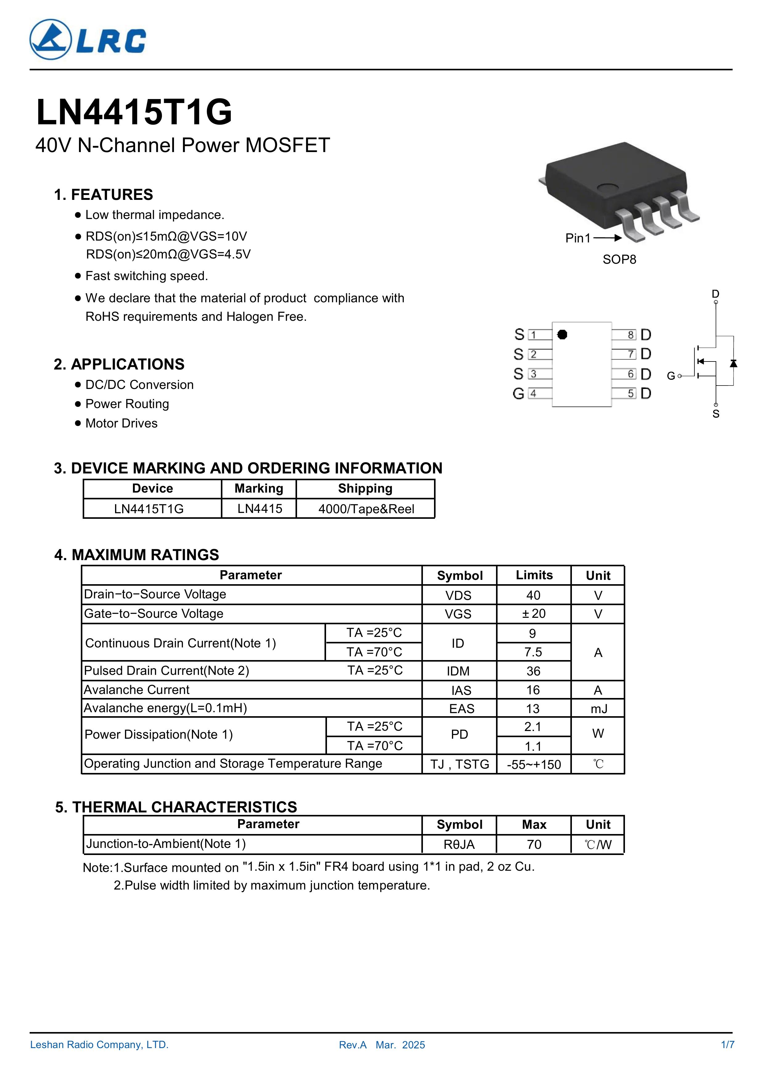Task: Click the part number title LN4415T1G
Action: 134,113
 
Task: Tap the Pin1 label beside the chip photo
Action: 577,238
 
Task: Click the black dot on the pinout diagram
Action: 562,335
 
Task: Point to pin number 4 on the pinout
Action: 533,394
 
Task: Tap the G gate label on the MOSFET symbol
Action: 671,376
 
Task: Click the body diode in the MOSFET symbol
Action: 733,363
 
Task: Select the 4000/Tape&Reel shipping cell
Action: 366,509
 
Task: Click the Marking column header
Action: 259,489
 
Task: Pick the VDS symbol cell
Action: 458,596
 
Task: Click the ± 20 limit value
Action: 534,613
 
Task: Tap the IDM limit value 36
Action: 533,671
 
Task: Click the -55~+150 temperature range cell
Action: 534,764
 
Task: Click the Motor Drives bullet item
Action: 121,423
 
